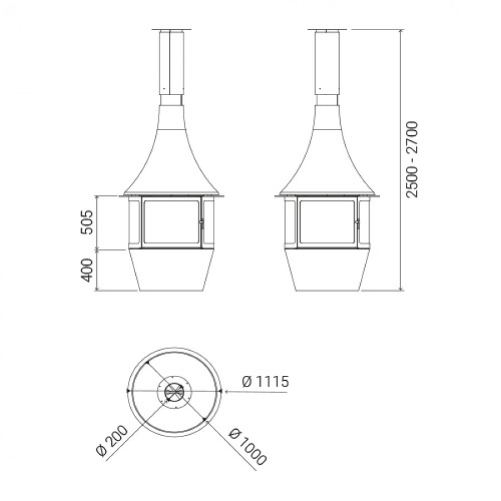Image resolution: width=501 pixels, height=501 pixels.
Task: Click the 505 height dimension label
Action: (86, 222)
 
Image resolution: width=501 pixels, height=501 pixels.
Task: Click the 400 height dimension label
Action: (86, 271)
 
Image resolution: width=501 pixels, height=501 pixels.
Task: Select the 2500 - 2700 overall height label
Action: (412, 159)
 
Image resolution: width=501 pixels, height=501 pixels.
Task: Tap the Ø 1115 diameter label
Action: (266, 381)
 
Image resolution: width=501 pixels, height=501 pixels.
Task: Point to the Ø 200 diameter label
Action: (112, 442)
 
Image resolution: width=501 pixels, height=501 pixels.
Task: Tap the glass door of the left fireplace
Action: (171, 223)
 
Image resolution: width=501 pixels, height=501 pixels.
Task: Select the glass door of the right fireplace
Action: (327, 223)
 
